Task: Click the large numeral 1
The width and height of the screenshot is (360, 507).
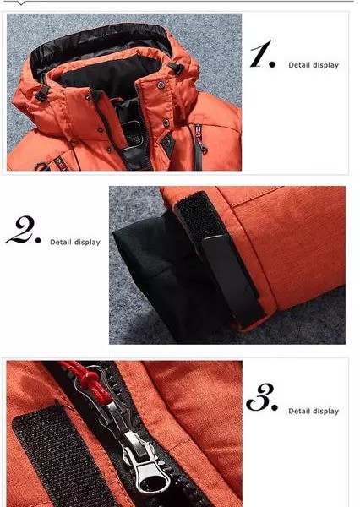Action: tap(260, 54)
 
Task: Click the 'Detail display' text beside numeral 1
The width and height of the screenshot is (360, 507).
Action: tap(314, 65)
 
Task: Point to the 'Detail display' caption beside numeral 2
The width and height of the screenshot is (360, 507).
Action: tap(75, 243)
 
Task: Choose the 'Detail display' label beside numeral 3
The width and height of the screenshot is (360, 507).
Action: tap(314, 411)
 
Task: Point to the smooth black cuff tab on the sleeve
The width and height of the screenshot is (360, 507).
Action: tap(233, 278)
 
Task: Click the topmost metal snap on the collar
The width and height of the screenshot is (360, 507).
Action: tap(161, 85)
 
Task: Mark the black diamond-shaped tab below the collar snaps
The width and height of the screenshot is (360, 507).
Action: tap(167, 142)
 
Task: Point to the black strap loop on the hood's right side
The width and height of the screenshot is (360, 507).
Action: tap(177, 68)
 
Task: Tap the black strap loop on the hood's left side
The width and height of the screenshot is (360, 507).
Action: tap(42, 93)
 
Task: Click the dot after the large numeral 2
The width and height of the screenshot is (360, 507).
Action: tap(37, 241)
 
